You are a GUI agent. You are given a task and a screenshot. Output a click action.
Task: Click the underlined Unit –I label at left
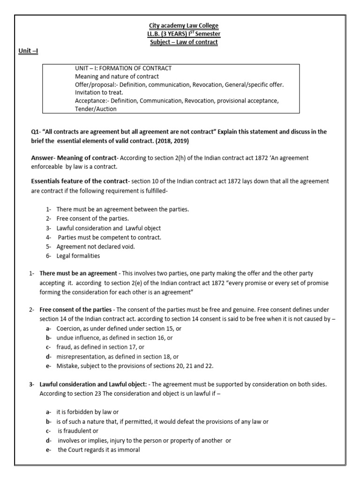tap(28, 51)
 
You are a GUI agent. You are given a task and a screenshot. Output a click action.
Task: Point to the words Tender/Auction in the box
tap(96, 109)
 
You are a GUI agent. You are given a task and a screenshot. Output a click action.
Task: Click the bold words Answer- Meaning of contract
tap(73, 158)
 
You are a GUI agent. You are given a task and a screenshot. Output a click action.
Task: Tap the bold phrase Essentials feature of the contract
tap(79, 181)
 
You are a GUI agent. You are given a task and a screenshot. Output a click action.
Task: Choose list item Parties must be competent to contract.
tap(109, 237)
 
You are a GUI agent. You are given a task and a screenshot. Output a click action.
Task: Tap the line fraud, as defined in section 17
tap(100, 347)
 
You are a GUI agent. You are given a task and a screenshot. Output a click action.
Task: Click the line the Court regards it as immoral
tap(99, 449)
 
